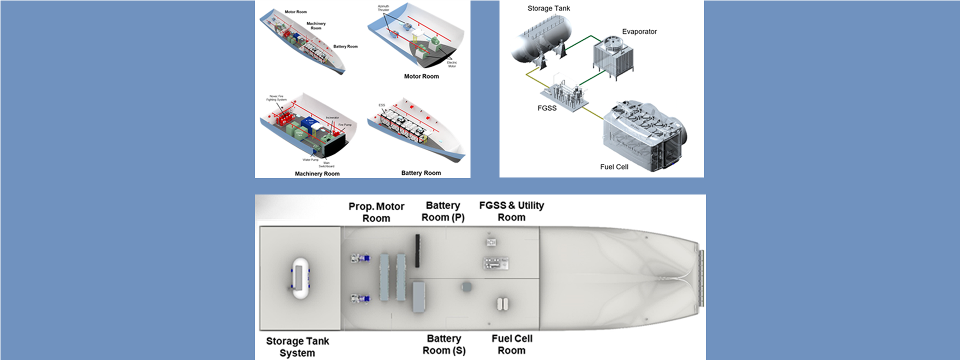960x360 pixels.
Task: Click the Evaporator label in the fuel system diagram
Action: click(639, 31)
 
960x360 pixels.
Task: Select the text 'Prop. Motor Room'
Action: click(376, 212)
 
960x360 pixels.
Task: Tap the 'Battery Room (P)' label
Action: click(443, 211)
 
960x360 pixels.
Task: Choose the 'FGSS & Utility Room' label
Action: click(511, 211)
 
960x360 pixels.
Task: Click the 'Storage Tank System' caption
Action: click(297, 347)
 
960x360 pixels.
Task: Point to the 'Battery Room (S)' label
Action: click(444, 344)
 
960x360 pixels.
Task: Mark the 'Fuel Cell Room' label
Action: click(511, 344)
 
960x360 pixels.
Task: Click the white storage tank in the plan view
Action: click(299, 278)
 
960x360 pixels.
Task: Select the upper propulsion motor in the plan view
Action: click(360, 258)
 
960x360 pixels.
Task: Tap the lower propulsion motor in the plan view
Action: click(360, 299)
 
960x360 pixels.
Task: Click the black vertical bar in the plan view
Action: click(417, 250)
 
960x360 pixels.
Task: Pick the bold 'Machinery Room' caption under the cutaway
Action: click(317, 174)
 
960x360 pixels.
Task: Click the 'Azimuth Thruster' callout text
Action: click(383, 8)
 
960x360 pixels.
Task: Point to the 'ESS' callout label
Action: click(382, 105)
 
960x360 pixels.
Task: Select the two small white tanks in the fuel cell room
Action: click(502, 303)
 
